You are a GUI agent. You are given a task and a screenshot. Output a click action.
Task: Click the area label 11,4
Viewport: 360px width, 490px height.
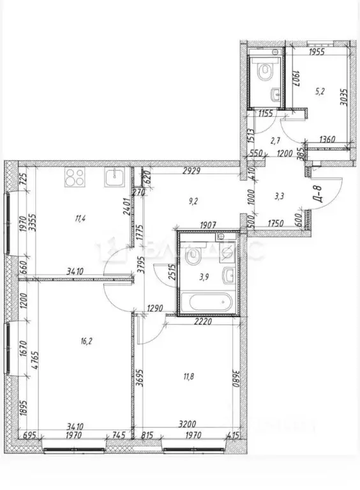pyautogui.click(x=80, y=218)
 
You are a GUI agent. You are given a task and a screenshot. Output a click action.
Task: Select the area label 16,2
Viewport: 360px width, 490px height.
pyautogui.click(x=87, y=341)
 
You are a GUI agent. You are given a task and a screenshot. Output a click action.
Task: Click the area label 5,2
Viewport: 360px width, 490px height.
pyautogui.click(x=320, y=91)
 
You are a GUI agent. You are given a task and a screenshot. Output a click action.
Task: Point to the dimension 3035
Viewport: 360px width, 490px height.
pyautogui.click(x=344, y=98)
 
